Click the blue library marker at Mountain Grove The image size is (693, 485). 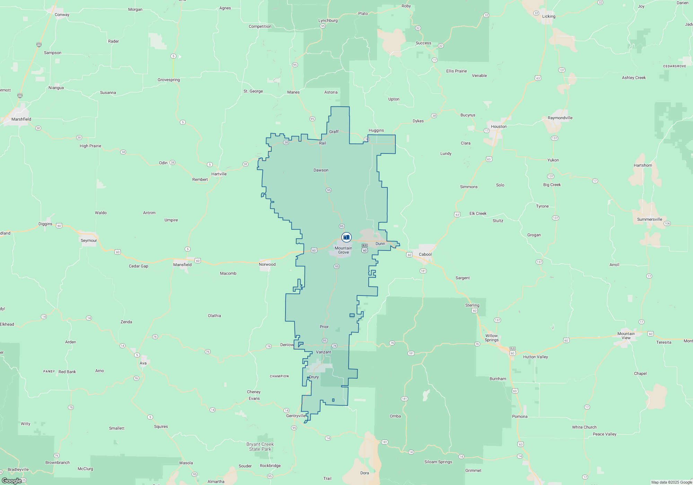pyautogui.click(x=346, y=237)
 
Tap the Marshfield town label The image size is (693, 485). pyautogui.click(x=21, y=119)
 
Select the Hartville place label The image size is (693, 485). pyautogui.click(x=219, y=174)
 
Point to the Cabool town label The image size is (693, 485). pyautogui.click(x=425, y=254)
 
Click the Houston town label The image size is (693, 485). pyautogui.click(x=499, y=126)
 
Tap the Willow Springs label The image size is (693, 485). pyautogui.click(x=491, y=338)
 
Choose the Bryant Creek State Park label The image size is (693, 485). pyautogui.click(x=260, y=447)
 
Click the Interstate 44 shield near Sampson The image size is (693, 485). pyautogui.click(x=39, y=45)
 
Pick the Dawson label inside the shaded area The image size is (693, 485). pyautogui.click(x=321, y=170)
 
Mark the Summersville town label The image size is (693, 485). pyautogui.click(x=649, y=219)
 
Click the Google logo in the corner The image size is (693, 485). pyautogui.click(x=12, y=480)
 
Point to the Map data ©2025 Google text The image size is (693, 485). pyautogui.click(x=671, y=482)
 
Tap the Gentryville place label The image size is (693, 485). pyautogui.click(x=296, y=416)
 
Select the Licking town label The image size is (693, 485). pyautogui.click(x=549, y=16)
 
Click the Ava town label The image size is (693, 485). pyautogui.click(x=143, y=363)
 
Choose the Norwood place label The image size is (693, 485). pyautogui.click(x=267, y=264)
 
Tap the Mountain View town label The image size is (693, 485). pyautogui.click(x=626, y=336)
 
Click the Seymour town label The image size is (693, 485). pyautogui.click(x=89, y=240)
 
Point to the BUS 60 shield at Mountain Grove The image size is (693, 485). pyautogui.click(x=365, y=248)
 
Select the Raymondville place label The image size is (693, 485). pyautogui.click(x=560, y=118)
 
